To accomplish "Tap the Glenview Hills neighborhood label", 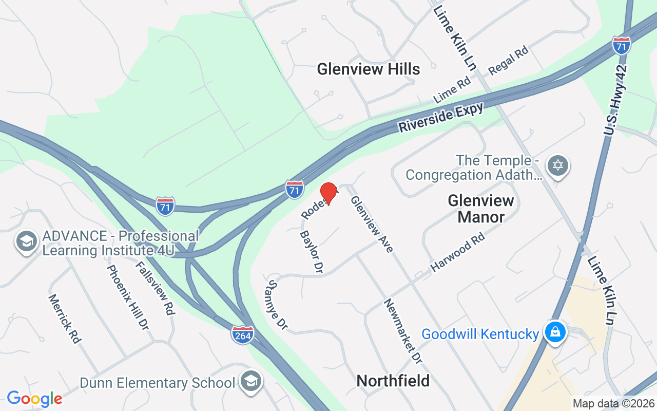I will click(368, 69).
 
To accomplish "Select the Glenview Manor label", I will click(481, 209).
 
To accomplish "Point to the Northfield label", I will click(393, 381).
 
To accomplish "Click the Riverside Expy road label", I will click(441, 118).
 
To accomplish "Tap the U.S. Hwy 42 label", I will click(615, 100).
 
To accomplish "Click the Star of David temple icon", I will click(558, 166).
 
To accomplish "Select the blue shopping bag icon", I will click(555, 332).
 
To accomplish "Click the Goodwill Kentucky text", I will click(480, 334).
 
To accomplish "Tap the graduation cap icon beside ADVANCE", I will click(26, 241).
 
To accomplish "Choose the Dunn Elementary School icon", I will click(251, 381).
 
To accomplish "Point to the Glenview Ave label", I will click(372, 224).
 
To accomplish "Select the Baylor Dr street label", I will click(311, 252).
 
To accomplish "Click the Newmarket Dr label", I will click(403, 331).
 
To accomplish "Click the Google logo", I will click(34, 398).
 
